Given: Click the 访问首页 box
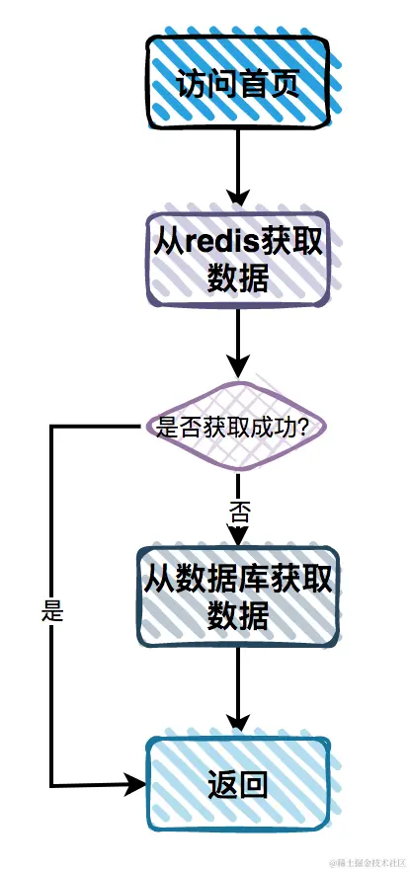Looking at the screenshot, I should pyautogui.click(x=237, y=83).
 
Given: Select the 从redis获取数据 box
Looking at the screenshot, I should pyautogui.click(x=238, y=259).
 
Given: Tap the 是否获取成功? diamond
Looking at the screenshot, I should pyautogui.click(x=237, y=428).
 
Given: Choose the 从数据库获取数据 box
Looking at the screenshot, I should pyautogui.click(x=238, y=596).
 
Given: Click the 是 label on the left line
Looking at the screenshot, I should pyautogui.click(x=52, y=611).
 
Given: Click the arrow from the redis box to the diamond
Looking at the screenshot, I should pyautogui.click(x=238, y=341).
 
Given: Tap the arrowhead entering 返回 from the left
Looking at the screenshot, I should pyautogui.click(x=135, y=785).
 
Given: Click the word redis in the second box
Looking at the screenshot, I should pyautogui.click(x=213, y=241).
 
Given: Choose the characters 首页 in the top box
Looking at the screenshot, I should pyautogui.click(x=268, y=84).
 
